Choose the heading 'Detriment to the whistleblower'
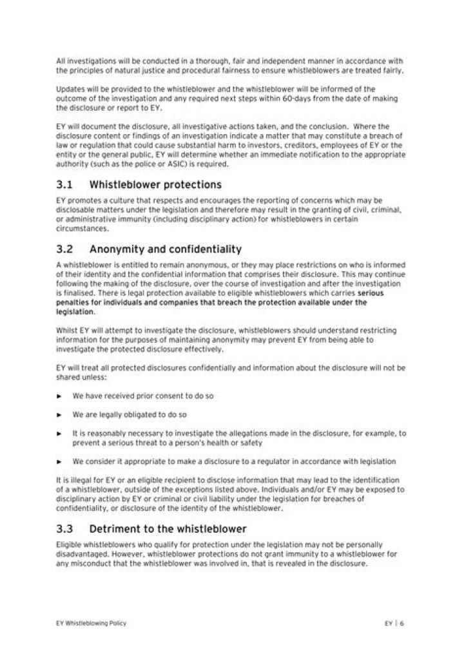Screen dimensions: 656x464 click(x=168, y=530)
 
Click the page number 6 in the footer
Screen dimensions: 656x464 click(x=402, y=623)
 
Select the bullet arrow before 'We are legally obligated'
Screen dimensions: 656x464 click(x=59, y=414)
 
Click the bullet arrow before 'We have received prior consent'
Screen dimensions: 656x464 click(x=59, y=395)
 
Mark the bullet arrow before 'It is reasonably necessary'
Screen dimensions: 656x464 click(x=59, y=434)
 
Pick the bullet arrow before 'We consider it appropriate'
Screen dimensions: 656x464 click(x=59, y=461)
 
